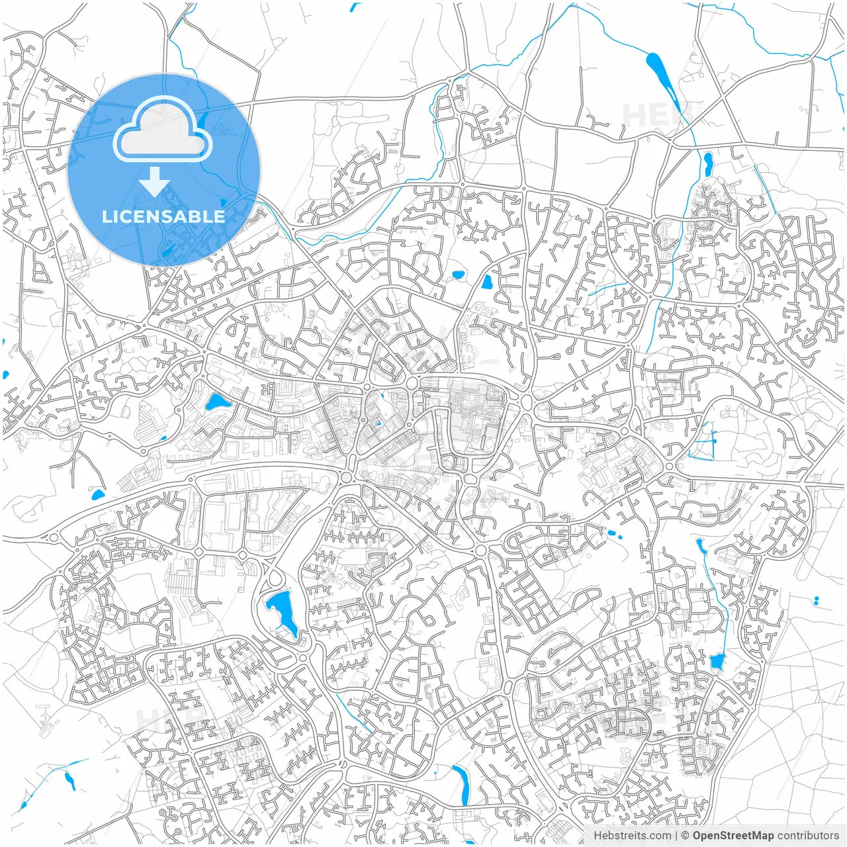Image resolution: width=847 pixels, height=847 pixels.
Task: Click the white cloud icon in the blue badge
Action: click(163, 129)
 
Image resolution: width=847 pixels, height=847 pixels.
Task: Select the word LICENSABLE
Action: click(163, 216)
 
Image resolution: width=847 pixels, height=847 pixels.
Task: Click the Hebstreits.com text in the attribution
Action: click(632, 836)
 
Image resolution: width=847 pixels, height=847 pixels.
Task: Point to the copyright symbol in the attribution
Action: click(686, 836)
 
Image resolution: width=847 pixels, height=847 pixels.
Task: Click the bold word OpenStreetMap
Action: click(733, 836)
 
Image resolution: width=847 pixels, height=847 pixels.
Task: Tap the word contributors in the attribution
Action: click(808, 836)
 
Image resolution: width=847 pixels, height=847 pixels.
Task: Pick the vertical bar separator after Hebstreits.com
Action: click(676, 836)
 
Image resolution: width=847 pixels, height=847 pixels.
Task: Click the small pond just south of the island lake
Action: click(708, 161)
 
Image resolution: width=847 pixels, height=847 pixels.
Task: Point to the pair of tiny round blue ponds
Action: click(816, 601)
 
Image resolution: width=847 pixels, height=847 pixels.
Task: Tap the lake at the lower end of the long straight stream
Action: click(717, 660)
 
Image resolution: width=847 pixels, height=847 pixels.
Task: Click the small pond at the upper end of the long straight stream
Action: click(700, 547)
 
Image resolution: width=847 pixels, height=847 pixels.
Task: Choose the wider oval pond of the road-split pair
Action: click(457, 274)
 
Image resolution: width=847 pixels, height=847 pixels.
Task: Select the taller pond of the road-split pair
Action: click(488, 283)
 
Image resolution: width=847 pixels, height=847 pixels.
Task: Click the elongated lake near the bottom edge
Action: click(461, 783)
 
